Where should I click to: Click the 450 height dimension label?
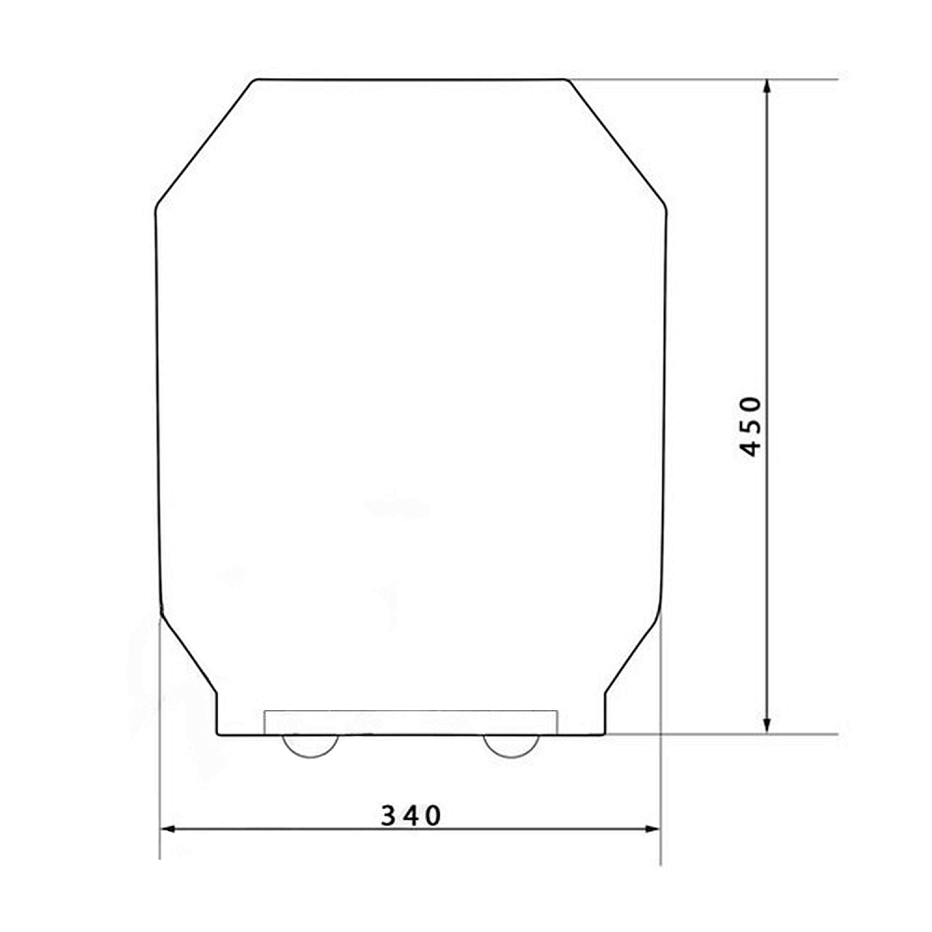[751, 427]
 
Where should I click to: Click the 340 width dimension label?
[411, 815]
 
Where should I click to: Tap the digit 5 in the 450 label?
[751, 427]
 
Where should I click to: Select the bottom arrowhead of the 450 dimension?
[767, 724]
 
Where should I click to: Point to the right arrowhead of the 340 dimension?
[651, 829]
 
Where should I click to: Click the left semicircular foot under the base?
[309, 754]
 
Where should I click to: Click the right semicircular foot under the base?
[511, 754]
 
